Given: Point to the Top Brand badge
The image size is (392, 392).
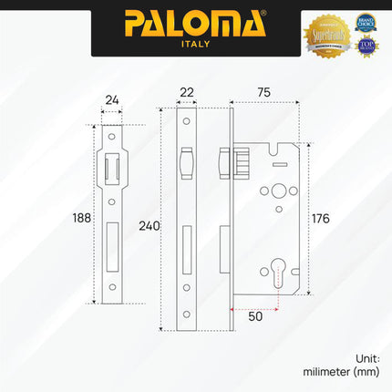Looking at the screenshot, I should [366, 46].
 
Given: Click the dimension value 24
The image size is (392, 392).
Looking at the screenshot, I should [111, 100].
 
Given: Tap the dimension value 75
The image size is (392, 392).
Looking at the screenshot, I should [263, 92].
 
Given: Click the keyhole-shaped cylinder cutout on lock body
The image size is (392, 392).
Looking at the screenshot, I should [279, 273].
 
